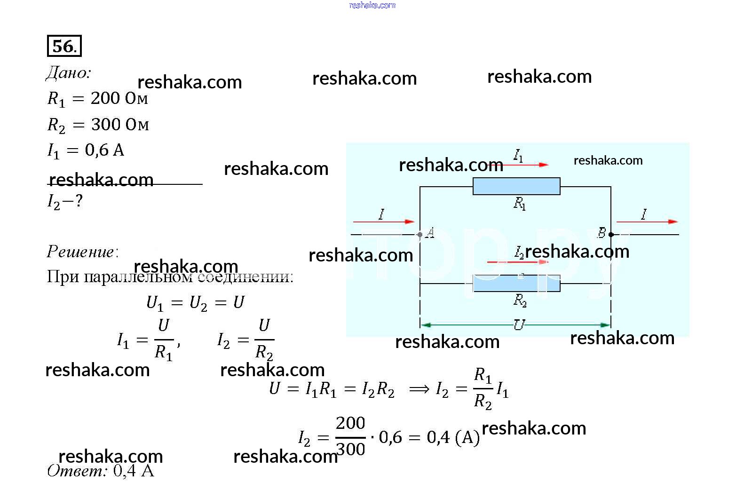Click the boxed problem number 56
64,46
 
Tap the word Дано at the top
68,73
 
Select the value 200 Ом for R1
119,98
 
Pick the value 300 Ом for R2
120,125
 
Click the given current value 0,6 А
104,150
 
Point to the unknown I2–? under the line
65,202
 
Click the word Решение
82,252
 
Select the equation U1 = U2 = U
195,302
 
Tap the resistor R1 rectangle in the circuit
516,186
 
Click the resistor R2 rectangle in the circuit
516,284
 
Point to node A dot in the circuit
419,234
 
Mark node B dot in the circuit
611,234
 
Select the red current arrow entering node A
383,221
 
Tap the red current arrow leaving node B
647,221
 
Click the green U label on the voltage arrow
519,324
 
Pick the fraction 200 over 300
350,436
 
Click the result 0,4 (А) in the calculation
453,437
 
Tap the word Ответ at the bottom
77,470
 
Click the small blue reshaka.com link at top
372,5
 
